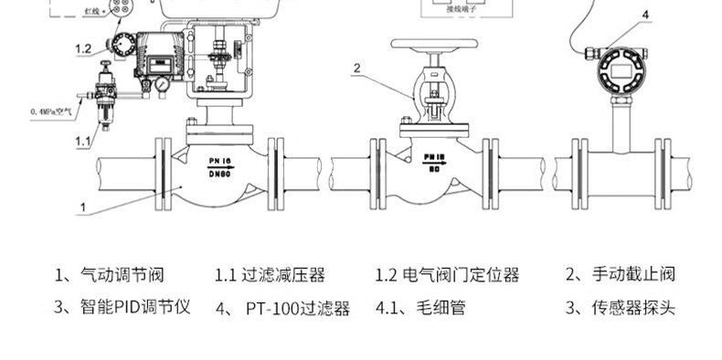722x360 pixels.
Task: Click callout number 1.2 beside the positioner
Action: click(x=83, y=48)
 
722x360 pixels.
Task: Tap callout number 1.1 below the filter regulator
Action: click(x=82, y=142)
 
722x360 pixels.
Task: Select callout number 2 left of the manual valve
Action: click(x=357, y=67)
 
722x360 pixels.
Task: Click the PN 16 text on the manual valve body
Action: click(x=433, y=157)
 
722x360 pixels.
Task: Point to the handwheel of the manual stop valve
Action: click(x=435, y=44)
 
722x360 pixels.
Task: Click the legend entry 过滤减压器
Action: click(x=282, y=274)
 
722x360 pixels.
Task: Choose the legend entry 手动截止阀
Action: click(x=631, y=274)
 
